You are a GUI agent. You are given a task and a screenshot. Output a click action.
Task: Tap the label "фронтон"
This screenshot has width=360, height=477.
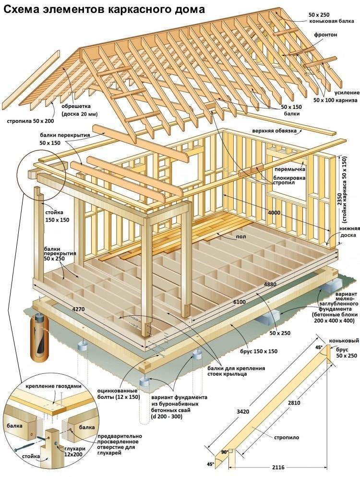(325, 35)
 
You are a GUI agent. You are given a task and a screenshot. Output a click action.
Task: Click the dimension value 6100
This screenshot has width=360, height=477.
(240, 302)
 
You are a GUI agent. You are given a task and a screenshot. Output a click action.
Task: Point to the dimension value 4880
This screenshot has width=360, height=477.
(270, 285)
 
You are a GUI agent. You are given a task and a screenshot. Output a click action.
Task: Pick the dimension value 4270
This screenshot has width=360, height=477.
(78, 310)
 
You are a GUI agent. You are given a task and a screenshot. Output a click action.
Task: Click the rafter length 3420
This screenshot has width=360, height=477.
(243, 412)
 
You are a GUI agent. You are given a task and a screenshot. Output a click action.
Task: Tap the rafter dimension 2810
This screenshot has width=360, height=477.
(294, 403)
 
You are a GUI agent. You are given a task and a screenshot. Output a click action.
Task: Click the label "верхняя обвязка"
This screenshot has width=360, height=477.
(274, 131)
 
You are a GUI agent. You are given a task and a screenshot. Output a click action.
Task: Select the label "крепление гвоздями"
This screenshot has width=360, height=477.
(54, 386)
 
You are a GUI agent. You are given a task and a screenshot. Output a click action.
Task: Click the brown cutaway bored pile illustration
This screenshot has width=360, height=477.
(39, 336)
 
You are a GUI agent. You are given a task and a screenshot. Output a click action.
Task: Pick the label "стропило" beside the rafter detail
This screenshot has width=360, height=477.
(287, 438)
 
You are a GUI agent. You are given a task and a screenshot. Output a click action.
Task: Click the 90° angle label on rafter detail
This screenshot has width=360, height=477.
(225, 452)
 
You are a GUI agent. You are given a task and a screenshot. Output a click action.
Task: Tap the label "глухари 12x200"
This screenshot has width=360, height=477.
(75, 451)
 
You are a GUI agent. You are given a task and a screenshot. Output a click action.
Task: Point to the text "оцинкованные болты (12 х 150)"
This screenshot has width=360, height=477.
(119, 394)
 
